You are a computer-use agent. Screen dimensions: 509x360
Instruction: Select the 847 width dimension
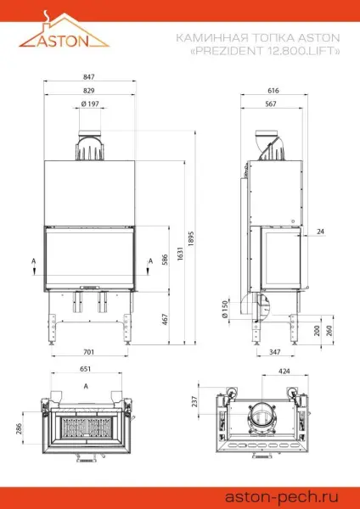(x=89, y=77)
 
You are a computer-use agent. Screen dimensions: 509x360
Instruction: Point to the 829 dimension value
(x=89, y=90)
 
